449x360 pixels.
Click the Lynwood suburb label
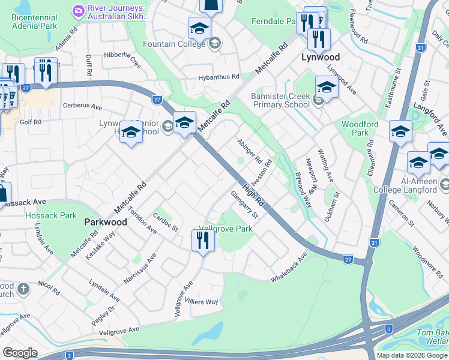coord(320,58)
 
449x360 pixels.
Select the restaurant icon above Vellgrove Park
coord(203,241)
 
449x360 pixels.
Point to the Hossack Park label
coord(51,215)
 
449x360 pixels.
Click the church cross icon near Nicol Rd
coord(23,289)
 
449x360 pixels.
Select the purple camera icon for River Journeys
coord(78,10)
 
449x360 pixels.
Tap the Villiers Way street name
coord(201,302)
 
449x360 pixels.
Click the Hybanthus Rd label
coord(219,77)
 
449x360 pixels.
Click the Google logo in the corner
coord(20,353)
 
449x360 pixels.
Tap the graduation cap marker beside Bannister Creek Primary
coord(326,88)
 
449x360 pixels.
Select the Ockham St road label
coord(332,206)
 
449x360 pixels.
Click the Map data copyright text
coord(412,355)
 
